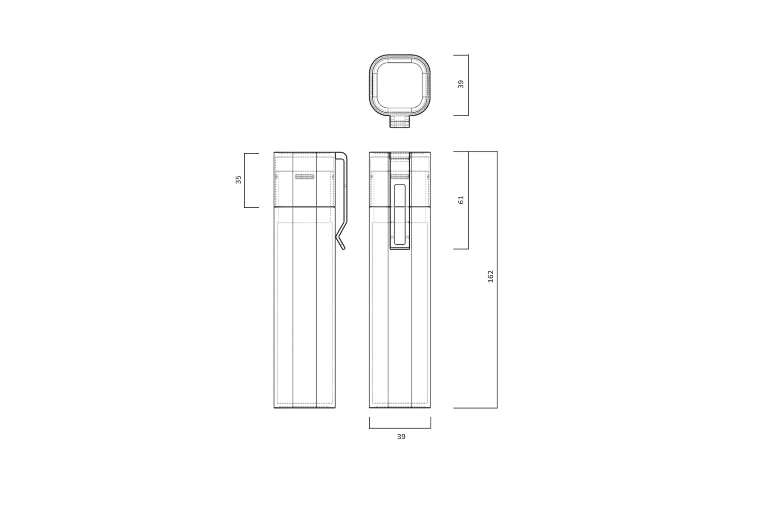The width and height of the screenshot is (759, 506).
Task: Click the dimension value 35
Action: (x=238, y=179)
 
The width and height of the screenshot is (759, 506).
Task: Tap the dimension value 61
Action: (x=461, y=200)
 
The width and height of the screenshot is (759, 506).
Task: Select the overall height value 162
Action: (x=490, y=276)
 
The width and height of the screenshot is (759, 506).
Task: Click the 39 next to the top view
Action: (x=461, y=84)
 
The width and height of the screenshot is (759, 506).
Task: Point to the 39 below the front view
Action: (x=401, y=437)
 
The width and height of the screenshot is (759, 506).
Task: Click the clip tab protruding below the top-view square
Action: (x=400, y=122)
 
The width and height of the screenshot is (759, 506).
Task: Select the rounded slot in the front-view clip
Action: (x=400, y=214)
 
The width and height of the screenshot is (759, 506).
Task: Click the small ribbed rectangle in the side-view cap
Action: (x=305, y=177)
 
